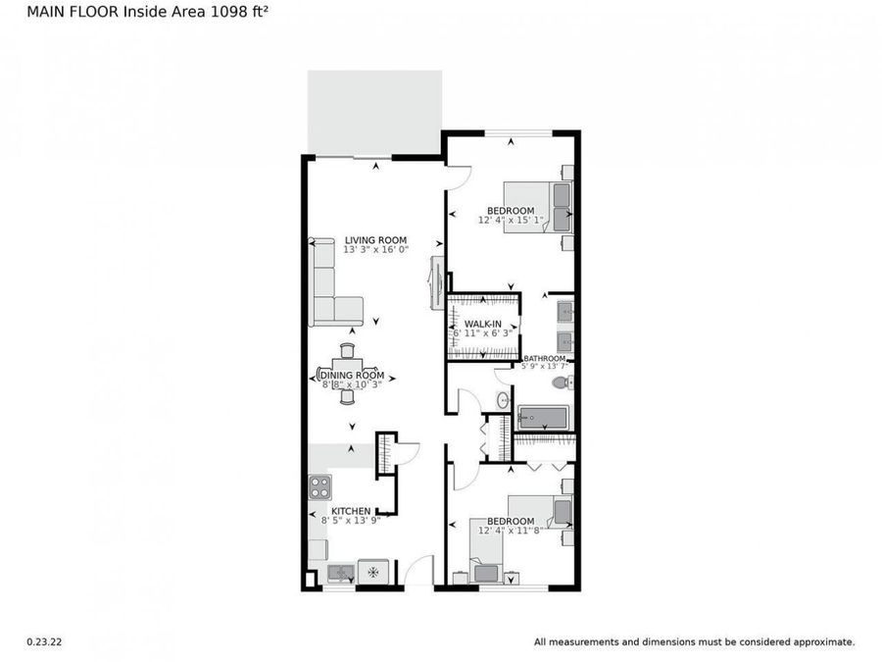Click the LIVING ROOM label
click(x=375, y=240)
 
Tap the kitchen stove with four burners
click(x=320, y=486)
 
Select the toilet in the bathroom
click(x=561, y=382)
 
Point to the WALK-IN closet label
click(x=483, y=324)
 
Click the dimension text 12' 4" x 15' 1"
click(x=512, y=221)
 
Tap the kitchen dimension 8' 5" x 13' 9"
click(x=351, y=520)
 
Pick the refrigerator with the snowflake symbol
click(x=372, y=573)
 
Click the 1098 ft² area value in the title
click(x=229, y=13)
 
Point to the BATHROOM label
click(x=545, y=359)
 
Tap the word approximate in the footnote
click(x=825, y=642)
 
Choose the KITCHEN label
click(x=351, y=511)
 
